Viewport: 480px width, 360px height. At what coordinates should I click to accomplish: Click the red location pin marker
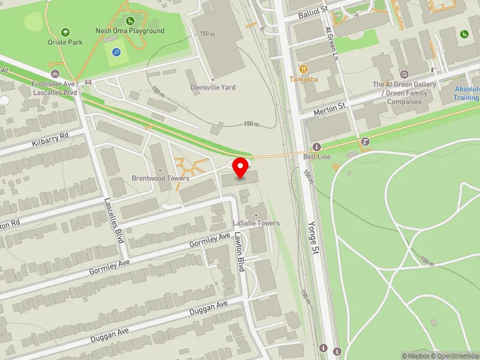(241, 167)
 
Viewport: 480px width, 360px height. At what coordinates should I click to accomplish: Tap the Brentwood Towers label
(160, 178)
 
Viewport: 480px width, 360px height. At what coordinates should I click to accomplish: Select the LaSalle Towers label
(256, 223)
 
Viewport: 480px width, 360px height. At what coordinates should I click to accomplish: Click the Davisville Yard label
(212, 87)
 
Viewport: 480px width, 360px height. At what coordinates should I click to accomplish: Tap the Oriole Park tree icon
(65, 32)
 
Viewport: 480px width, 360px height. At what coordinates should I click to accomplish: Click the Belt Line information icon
(316, 147)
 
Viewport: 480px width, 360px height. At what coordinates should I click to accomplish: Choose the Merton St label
(330, 109)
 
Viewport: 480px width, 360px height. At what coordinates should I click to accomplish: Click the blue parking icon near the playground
(116, 52)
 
